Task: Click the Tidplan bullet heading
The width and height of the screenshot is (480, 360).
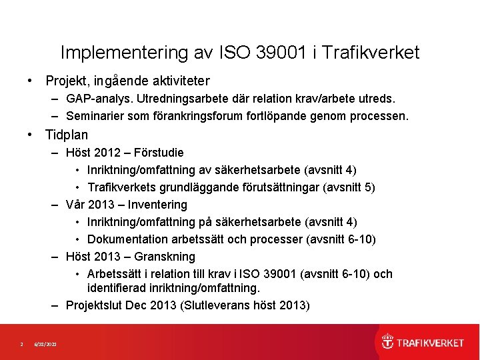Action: (x=66, y=135)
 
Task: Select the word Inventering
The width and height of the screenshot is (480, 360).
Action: (x=159, y=205)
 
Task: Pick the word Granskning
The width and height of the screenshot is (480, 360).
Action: (x=165, y=257)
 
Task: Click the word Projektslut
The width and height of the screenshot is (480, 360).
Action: (x=96, y=306)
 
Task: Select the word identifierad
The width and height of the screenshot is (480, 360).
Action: (x=117, y=289)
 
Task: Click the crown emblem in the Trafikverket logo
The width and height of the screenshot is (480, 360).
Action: (x=387, y=342)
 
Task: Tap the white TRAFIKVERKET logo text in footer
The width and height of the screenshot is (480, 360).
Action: (x=430, y=343)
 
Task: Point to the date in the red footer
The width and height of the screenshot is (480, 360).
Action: (x=45, y=344)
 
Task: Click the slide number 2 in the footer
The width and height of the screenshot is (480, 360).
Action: (x=21, y=344)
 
